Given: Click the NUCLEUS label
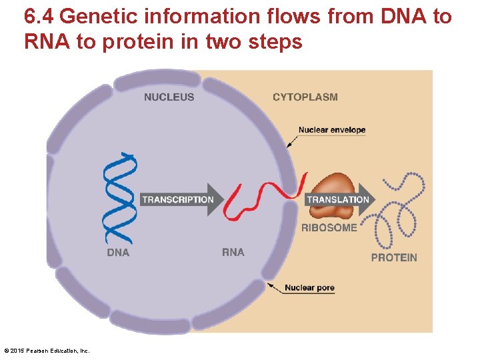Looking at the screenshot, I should pyautogui.click(x=169, y=97).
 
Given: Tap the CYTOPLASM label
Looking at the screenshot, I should pyautogui.click(x=305, y=97).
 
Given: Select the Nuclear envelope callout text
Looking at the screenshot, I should pyautogui.click(x=332, y=130).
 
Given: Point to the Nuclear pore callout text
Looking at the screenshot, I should pyautogui.click(x=309, y=288).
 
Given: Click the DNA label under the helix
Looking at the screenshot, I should pyautogui.click(x=118, y=253).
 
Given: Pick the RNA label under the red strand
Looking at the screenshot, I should pyautogui.click(x=233, y=253).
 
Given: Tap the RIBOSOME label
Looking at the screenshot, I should pyautogui.click(x=329, y=228).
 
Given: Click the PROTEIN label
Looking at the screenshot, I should pyautogui.click(x=394, y=258).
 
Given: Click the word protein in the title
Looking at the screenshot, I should pyautogui.click(x=117, y=43).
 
